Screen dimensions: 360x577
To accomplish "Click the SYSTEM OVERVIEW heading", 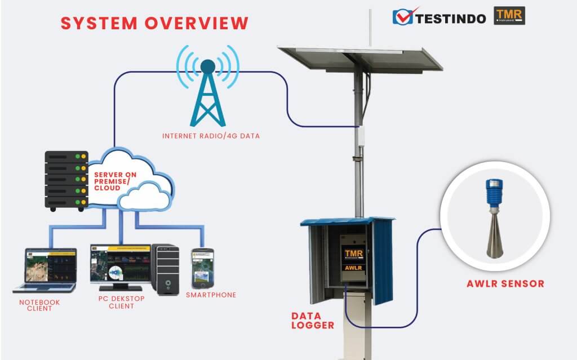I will coord(154,23).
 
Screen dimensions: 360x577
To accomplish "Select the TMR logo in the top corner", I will coord(509,16).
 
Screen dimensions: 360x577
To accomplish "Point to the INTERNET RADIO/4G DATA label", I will coord(211,136).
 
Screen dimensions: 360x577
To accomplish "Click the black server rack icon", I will coord(66,180).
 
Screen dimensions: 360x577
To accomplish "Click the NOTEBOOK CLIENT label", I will coord(39,305).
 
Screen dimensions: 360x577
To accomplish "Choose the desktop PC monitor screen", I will coord(121,264).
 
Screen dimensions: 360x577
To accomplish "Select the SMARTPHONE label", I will coord(211,295).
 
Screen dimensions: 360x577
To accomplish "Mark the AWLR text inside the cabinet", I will coord(354,268).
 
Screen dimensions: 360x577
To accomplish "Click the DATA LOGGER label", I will coord(313,320).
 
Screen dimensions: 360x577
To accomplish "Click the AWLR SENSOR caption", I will coord(505,283).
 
